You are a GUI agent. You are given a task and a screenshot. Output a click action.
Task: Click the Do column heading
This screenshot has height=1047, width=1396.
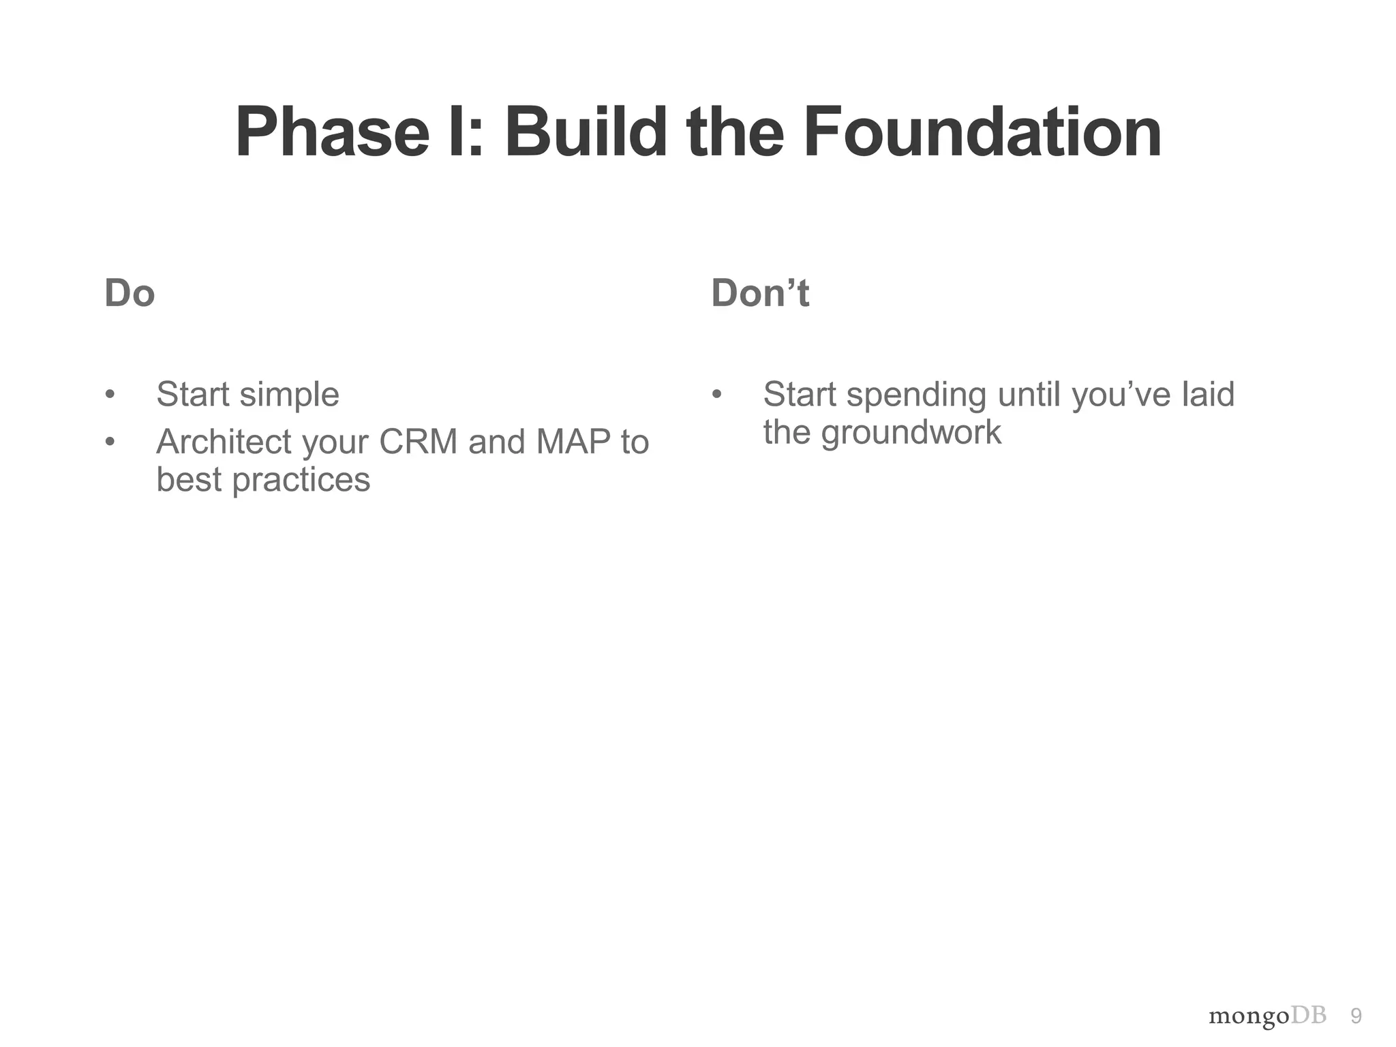click(130, 294)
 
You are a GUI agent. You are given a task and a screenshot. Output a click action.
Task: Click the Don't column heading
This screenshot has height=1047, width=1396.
click(759, 294)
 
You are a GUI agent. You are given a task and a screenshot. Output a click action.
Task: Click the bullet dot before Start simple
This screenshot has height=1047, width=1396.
click(110, 395)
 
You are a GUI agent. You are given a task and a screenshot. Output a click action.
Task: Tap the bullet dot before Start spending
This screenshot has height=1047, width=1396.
click(716, 395)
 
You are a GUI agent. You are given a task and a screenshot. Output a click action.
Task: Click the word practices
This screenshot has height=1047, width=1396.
click(301, 480)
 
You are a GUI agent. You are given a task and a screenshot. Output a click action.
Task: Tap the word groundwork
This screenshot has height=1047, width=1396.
click(911, 432)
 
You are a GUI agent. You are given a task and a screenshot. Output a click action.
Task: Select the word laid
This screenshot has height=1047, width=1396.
click(1208, 395)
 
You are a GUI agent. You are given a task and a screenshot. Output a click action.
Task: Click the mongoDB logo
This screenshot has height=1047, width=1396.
click(1267, 1016)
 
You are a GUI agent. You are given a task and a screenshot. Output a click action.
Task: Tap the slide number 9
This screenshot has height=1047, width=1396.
click(1356, 1016)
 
